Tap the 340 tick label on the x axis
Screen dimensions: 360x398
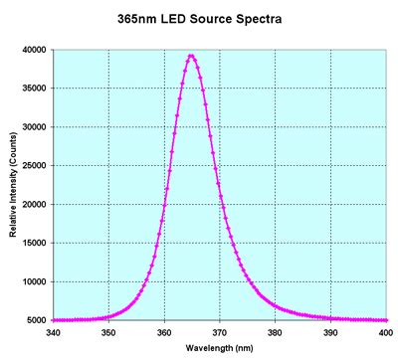[x=54, y=332]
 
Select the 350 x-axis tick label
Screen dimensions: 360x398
[x=109, y=332]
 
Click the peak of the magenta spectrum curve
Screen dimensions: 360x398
[x=191, y=56]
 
